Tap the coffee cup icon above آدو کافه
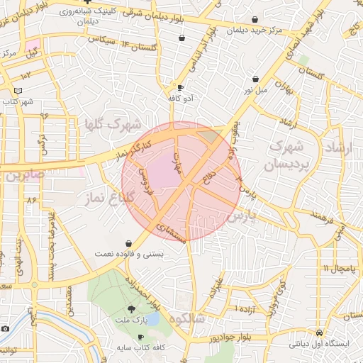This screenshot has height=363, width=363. (180, 88)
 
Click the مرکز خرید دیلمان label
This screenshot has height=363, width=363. (255, 30)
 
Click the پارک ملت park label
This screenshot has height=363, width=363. (130, 321)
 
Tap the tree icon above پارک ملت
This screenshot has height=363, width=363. (130, 309)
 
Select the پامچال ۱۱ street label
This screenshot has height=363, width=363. (335, 268)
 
